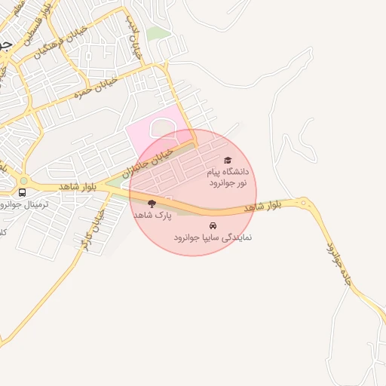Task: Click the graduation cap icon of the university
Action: click(x=228, y=160)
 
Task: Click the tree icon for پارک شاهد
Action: click(x=152, y=203)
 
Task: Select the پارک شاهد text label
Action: click(x=153, y=215)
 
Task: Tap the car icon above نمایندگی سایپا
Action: click(x=213, y=225)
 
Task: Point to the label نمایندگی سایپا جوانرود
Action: click(x=213, y=237)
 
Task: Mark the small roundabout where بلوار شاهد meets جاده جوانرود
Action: click(x=303, y=202)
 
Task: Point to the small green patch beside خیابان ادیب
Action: click(x=158, y=33)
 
